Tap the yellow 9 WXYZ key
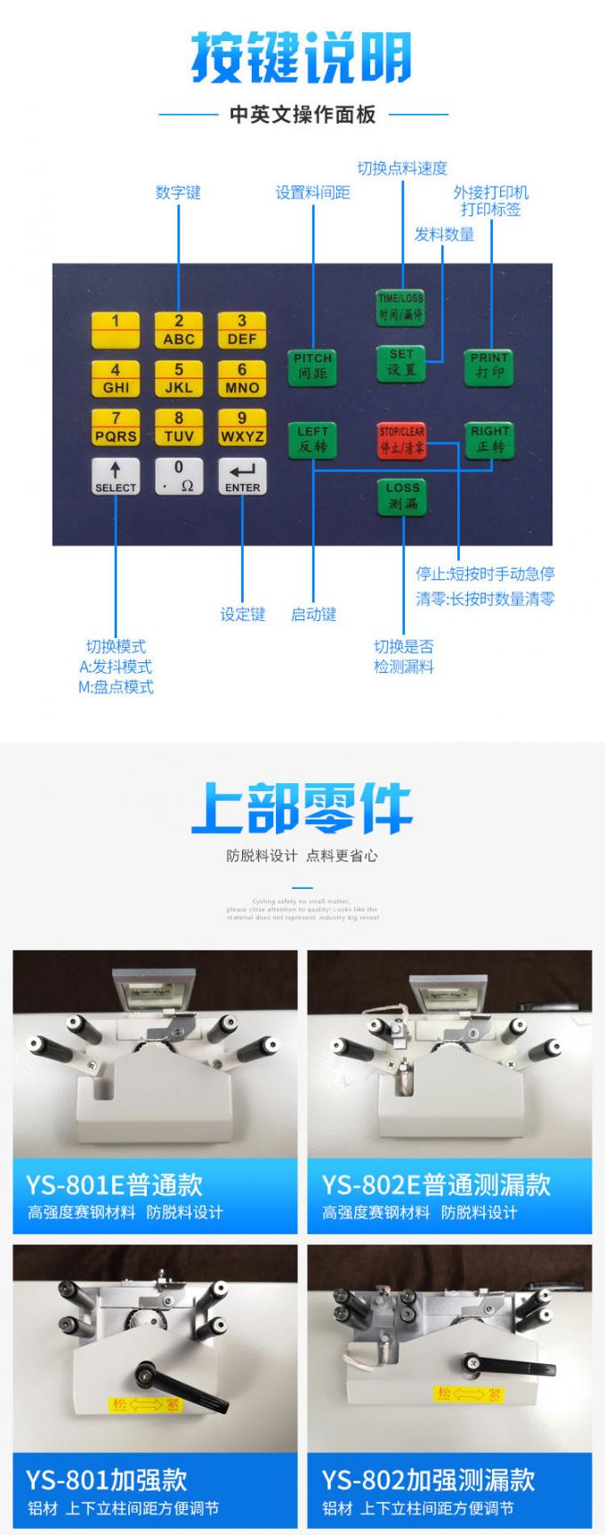coord(241,427)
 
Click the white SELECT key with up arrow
coord(116,477)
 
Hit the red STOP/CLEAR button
coord(401,440)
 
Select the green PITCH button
coord(312,366)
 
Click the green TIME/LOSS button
coord(400,306)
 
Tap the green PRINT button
coord(489,366)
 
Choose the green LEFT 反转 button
coord(312,440)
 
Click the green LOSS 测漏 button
coord(402,497)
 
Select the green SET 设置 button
coord(401,362)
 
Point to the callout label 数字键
coord(178,192)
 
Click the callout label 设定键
coord(243,614)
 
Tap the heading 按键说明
coord(302,58)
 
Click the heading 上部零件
coord(302,808)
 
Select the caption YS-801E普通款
coord(114,1184)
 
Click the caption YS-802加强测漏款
coord(428,1480)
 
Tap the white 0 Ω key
coord(179,477)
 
